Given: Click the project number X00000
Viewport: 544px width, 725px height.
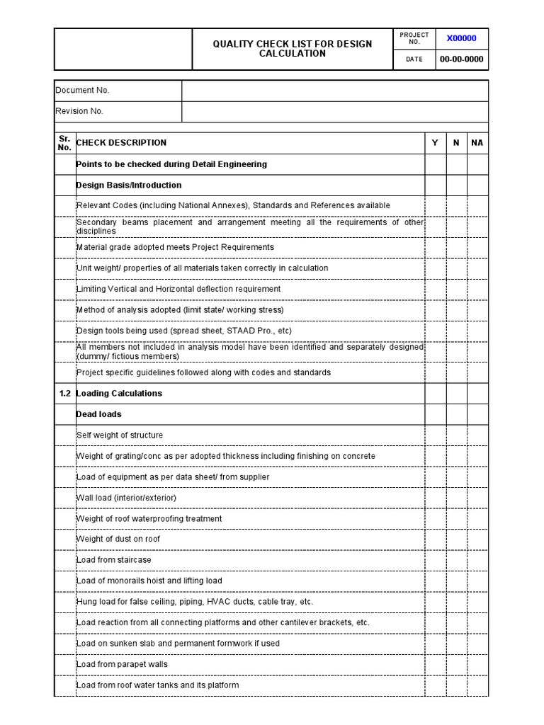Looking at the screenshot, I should pos(461,38).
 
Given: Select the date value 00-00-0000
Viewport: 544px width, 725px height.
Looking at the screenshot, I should pos(461,59).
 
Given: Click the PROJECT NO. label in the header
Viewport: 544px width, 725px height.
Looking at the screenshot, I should pos(414,38).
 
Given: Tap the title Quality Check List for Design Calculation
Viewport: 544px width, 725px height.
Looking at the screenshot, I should pos(293,49).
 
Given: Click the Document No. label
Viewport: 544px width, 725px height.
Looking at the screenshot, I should pos(83,91).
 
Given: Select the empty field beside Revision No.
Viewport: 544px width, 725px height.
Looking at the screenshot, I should pos(334,111).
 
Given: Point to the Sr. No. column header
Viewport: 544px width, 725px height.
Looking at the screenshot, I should pos(64,143).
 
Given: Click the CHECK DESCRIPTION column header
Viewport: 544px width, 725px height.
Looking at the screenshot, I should pos(121,143).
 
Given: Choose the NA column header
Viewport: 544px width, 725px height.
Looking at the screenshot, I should pos(477,143).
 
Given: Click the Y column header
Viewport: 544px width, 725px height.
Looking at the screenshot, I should pos(435,143).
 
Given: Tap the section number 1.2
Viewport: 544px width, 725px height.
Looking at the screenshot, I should pos(64,394).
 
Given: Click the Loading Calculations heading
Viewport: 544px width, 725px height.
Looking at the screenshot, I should pos(119,394).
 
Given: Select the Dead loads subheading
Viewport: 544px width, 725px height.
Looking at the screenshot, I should pos(98,414).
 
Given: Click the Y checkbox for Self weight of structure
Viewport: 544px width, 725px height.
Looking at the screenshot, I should pos(435,435).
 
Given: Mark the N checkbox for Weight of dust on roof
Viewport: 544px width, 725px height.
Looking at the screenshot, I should pos(456,539).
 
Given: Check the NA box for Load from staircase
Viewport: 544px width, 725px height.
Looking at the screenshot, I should pos(477,560).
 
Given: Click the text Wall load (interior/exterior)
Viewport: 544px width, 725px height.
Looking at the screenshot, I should pos(126,498).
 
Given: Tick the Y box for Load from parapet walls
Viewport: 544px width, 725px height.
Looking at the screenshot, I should pos(435,664).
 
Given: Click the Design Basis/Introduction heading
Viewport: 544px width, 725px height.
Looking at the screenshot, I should pos(129,185).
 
